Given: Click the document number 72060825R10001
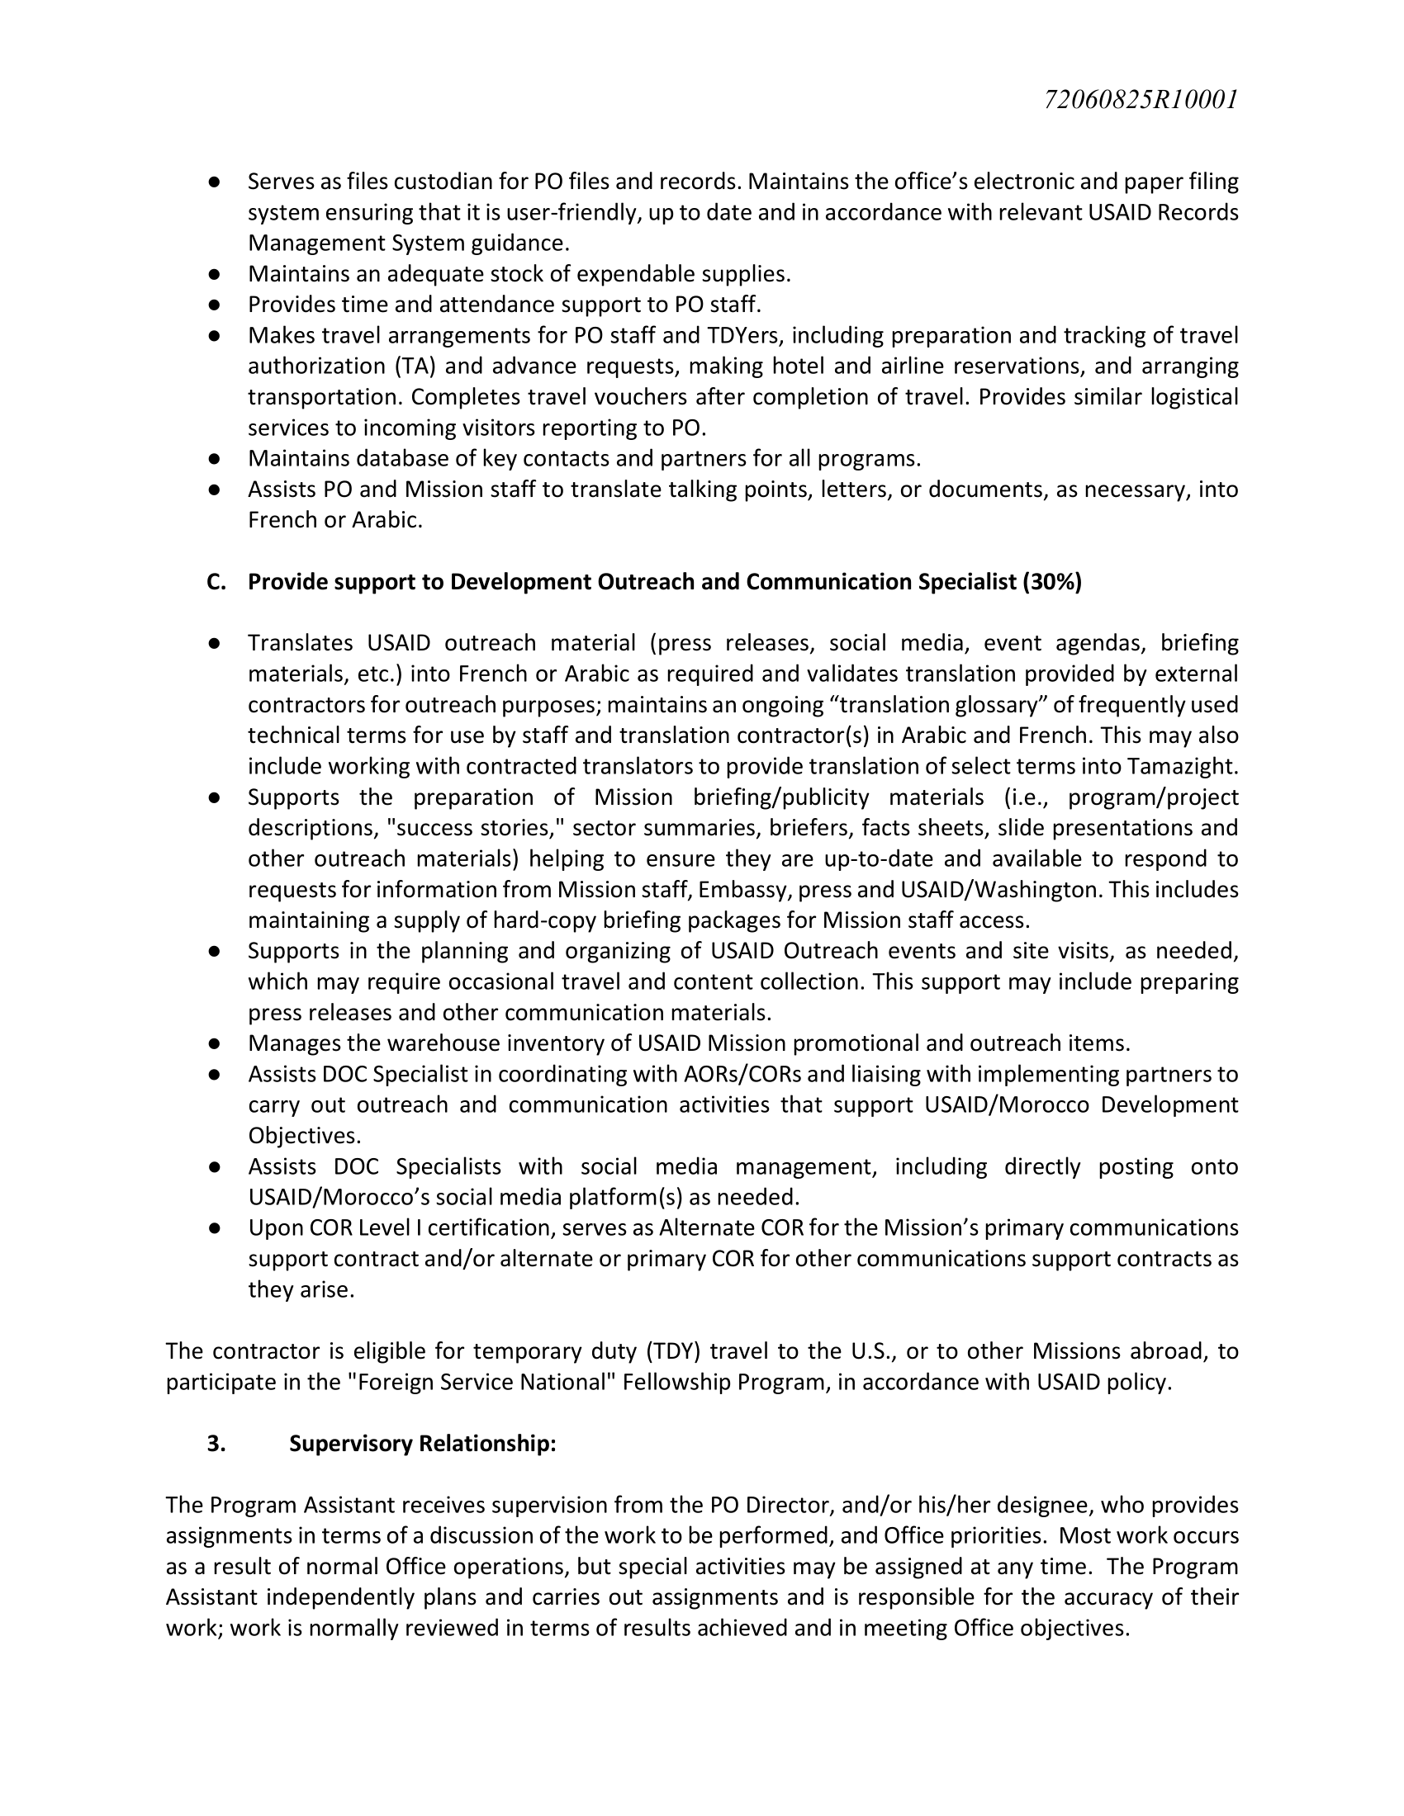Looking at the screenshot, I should pos(1141,100).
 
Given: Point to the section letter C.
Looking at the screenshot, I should pos(216,582).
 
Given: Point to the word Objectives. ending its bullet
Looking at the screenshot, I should pos(305,1136).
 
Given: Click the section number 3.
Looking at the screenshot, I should pos(216,1444).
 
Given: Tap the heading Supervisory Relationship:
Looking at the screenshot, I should pos(423,1444).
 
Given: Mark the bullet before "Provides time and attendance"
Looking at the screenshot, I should pos(214,305).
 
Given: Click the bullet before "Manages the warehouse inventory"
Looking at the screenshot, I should pos(214,1043).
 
